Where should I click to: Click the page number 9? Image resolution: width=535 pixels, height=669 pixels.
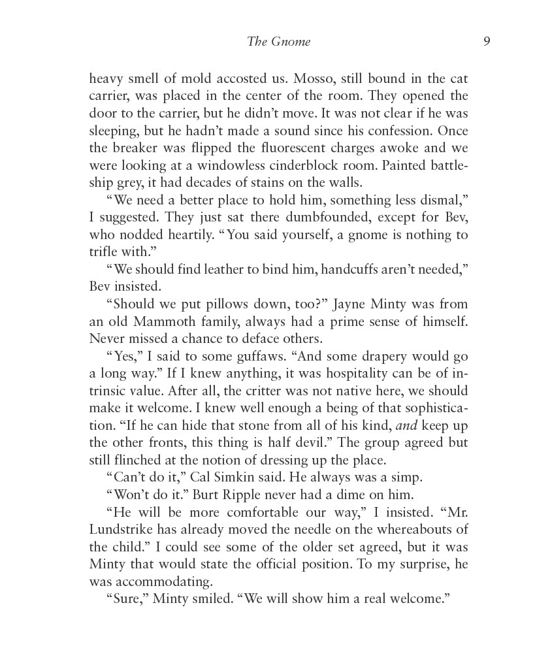point(487,42)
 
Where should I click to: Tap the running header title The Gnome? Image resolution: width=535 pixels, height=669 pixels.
point(279,42)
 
